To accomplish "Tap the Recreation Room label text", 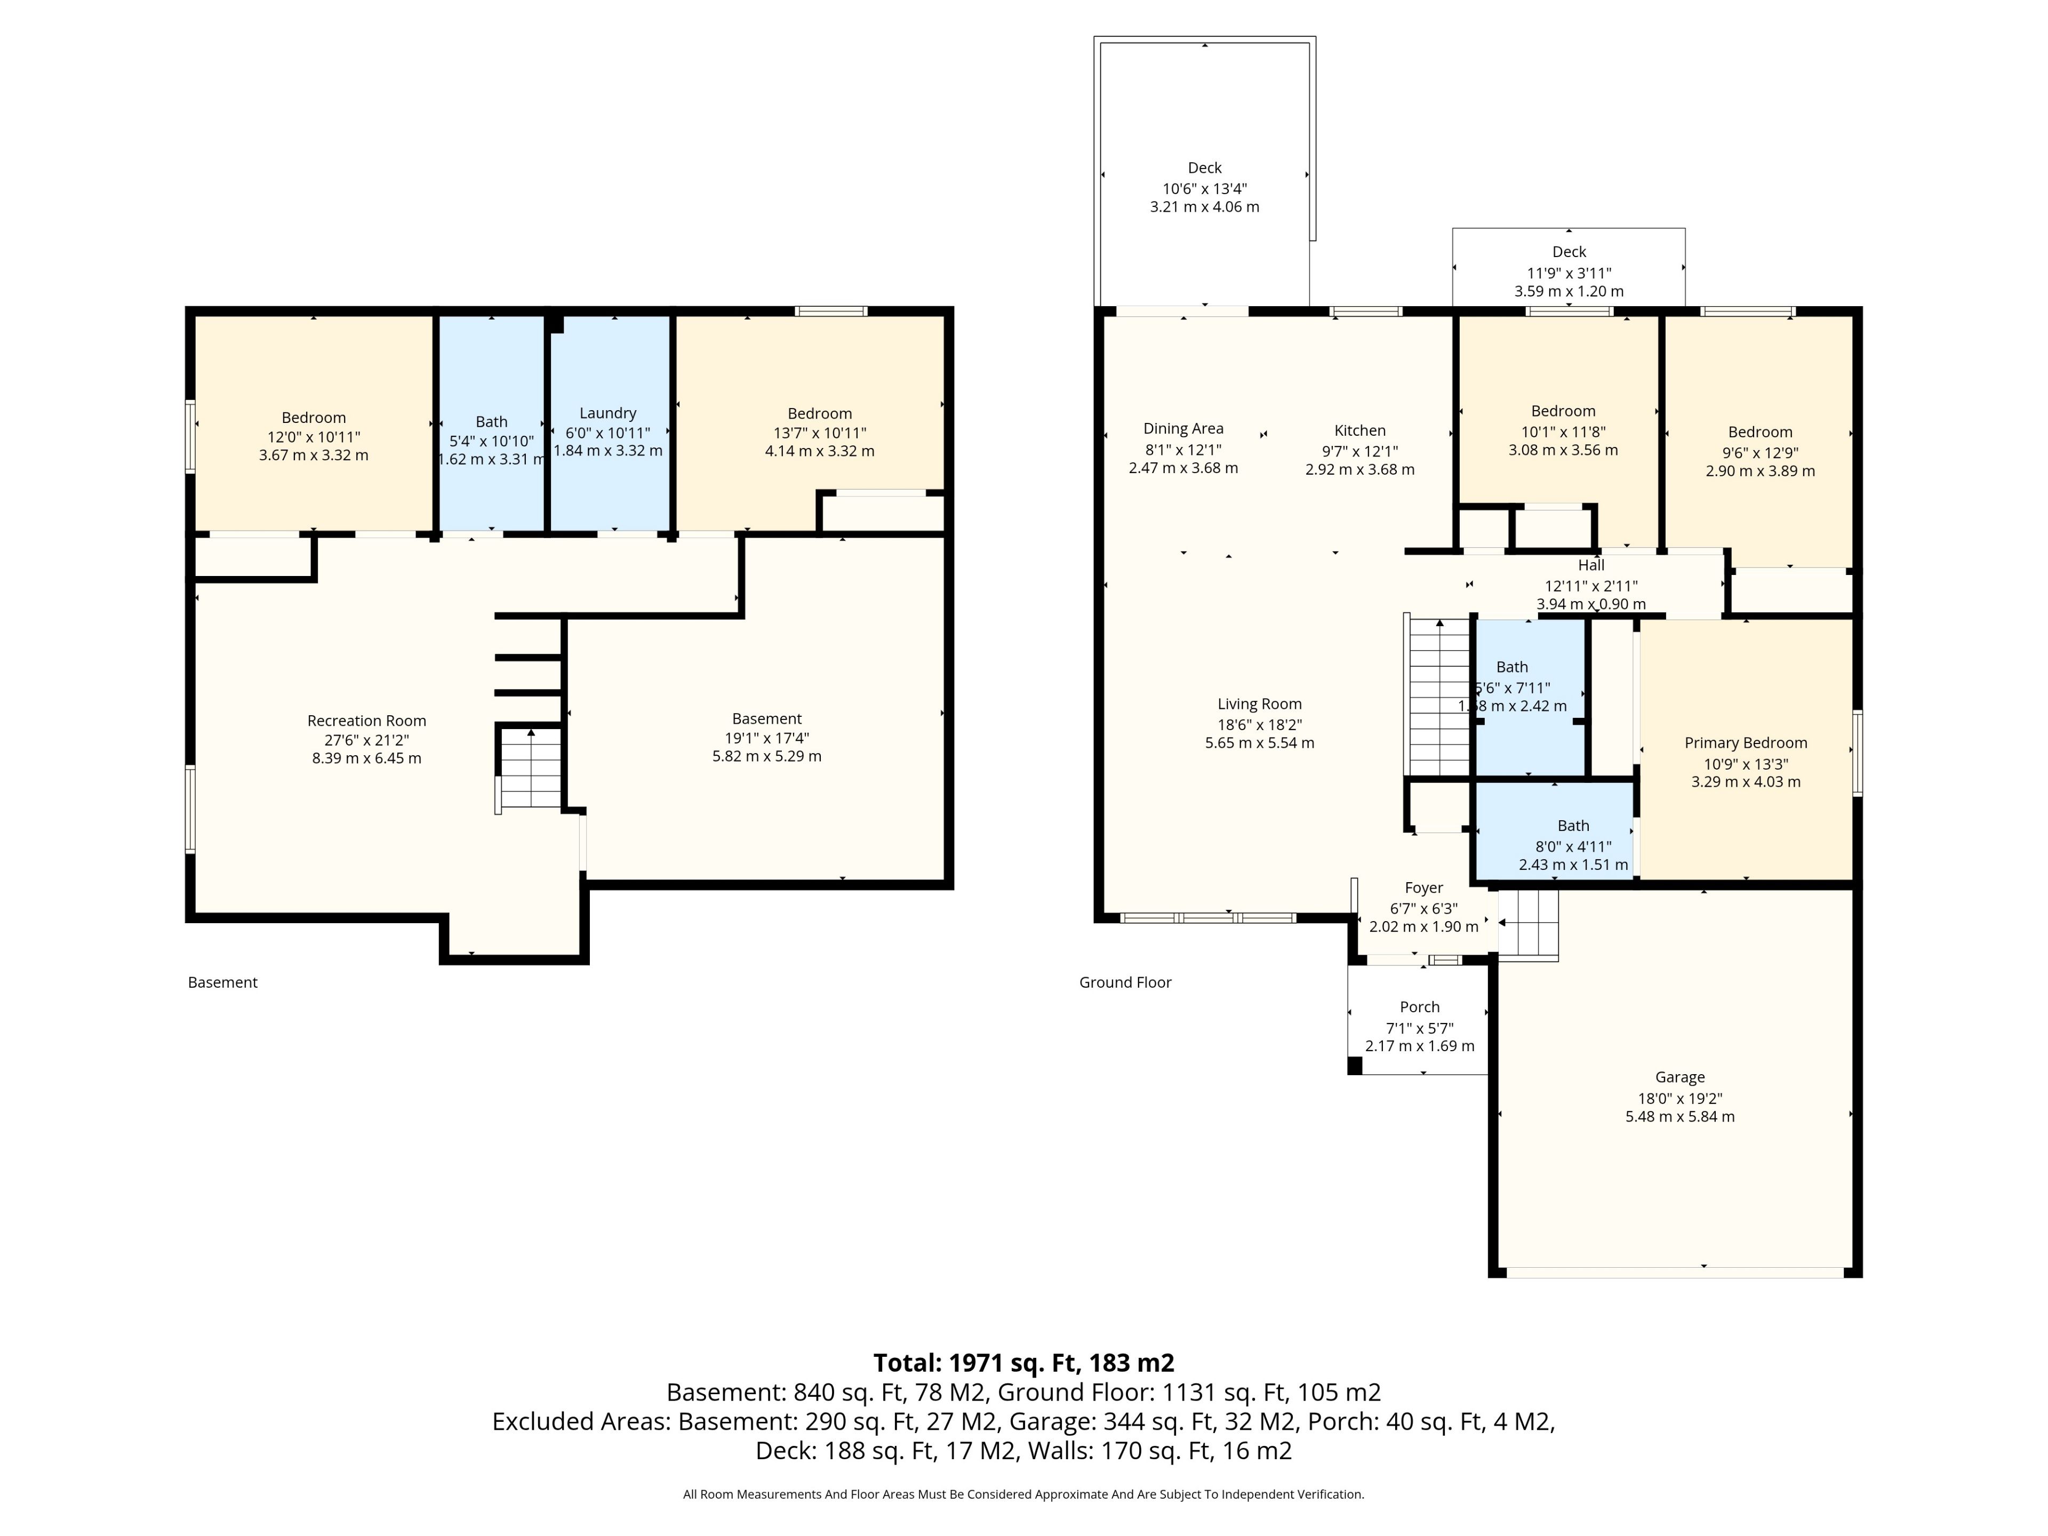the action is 366,721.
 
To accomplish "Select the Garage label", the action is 1679,1077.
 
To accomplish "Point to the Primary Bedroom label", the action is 1745,742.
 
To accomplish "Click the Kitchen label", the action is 1359,430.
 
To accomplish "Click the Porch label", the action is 1419,1006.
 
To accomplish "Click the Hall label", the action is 1590,565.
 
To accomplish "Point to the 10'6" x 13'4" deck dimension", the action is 1205,188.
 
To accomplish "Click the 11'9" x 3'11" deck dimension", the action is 1569,273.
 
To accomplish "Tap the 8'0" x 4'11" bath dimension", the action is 1573,846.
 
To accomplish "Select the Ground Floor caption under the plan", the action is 1125,982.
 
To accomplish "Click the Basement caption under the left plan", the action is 222,982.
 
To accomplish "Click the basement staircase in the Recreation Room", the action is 530,769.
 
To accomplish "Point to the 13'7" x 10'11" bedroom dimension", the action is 819,433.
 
